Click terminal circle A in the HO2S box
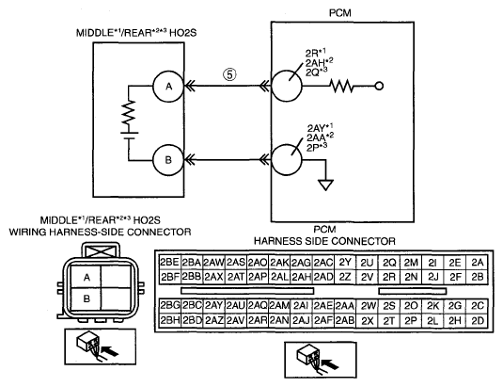(168, 86)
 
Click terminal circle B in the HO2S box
(168, 160)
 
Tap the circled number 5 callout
(229, 74)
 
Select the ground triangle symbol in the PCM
(325, 185)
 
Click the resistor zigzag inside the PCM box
(341, 86)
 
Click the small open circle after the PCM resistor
(379, 86)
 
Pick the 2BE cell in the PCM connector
(169, 263)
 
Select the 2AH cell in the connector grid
(301, 277)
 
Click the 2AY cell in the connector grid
(213, 306)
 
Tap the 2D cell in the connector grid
(477, 320)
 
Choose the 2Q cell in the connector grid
(389, 263)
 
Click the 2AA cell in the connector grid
(344, 306)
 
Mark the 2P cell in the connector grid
(411, 320)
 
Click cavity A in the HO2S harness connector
(86, 277)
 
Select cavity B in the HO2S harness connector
(86, 299)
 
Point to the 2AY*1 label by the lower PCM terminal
(321, 128)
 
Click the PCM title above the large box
(340, 13)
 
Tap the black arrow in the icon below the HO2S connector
(109, 350)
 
